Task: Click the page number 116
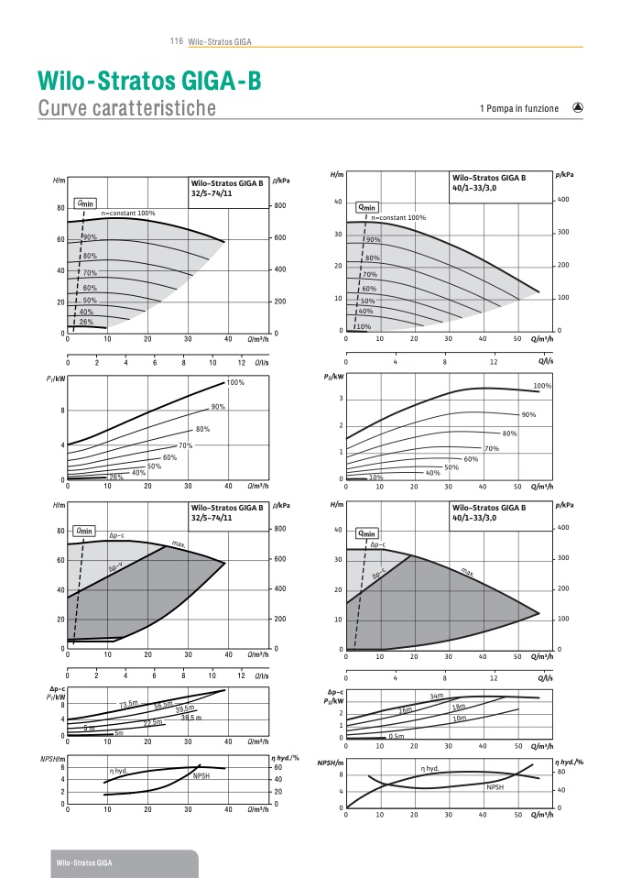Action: point(178,41)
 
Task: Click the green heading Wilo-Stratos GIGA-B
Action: point(149,81)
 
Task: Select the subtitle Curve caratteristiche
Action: point(126,108)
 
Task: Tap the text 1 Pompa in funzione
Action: point(518,108)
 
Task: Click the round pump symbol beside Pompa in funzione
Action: point(578,107)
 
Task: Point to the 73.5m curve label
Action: point(128,705)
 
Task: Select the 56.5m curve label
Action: point(163,704)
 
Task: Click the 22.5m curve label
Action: point(152,722)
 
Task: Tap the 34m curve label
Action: point(436,697)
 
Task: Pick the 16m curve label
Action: point(406,710)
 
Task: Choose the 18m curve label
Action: point(459,707)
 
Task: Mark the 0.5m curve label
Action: point(397,736)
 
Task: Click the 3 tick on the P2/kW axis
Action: point(341,399)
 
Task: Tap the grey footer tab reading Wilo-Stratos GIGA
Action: point(84,863)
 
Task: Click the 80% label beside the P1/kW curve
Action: point(202,429)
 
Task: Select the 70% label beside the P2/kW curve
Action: point(491,448)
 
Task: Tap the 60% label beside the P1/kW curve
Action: point(169,457)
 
